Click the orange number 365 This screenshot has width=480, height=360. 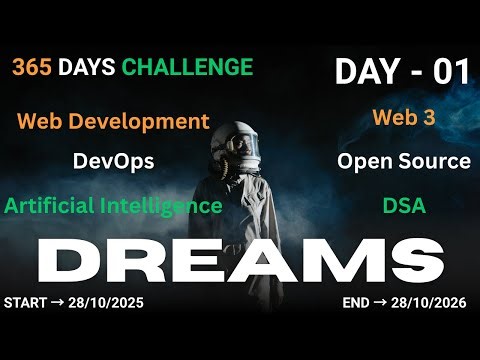click(x=33, y=67)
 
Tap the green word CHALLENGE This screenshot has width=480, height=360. click(x=187, y=67)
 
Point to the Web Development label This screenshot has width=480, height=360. click(x=113, y=122)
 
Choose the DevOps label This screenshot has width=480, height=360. click(x=113, y=160)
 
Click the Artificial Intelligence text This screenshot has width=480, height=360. click(x=113, y=206)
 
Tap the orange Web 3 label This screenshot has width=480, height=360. click(x=403, y=116)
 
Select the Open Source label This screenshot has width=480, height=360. click(x=403, y=160)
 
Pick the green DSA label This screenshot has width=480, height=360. click(x=403, y=206)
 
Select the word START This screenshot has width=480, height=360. click(x=25, y=301)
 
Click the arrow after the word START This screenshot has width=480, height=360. click(x=57, y=301)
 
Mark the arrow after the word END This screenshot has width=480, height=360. click(x=382, y=301)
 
